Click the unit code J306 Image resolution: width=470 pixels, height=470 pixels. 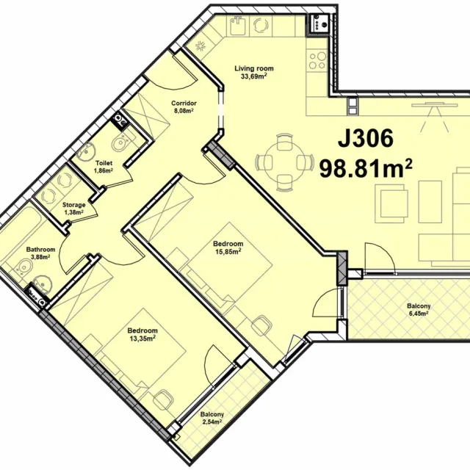click(366, 139)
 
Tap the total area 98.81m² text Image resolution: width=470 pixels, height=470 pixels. click(366, 168)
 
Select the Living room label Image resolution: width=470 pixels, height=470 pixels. click(254, 68)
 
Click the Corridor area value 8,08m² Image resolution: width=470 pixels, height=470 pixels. click(184, 111)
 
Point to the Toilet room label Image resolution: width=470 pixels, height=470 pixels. click(104, 163)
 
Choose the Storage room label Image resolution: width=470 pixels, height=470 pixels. click(73, 206)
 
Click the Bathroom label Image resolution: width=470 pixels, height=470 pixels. click(41, 250)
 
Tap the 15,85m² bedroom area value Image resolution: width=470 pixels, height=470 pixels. click(228, 251)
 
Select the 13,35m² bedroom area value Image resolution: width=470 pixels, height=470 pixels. click(142, 339)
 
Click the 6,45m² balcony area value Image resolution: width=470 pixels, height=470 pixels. click(419, 314)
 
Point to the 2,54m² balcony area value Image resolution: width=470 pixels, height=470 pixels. click(212, 422)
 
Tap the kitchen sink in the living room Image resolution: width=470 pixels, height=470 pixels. click(239, 25)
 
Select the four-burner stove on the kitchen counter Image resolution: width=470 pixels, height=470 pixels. click(317, 60)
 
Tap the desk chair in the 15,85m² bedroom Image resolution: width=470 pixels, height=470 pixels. click(261, 325)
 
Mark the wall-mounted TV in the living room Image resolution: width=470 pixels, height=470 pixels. click(434, 104)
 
